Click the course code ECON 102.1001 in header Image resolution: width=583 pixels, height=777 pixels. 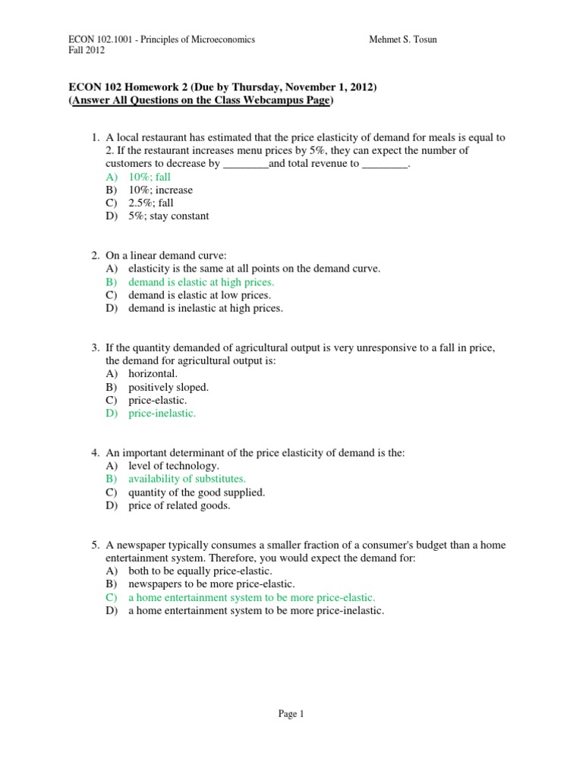tap(100, 39)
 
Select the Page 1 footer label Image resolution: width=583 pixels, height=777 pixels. tap(291, 713)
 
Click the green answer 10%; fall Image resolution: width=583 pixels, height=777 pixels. tap(150, 177)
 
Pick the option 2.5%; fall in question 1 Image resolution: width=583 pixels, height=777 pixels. tap(151, 203)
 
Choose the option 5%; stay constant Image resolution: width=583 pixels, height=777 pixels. tap(169, 215)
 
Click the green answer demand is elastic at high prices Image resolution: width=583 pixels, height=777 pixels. tap(201, 282)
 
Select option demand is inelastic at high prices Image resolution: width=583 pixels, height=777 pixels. tap(205, 308)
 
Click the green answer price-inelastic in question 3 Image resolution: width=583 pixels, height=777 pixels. tap(162, 414)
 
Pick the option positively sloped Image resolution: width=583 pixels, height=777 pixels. tap(168, 387)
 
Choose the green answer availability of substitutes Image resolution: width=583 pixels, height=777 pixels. tap(187, 479)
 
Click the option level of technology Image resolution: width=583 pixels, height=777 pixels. tap(174, 466)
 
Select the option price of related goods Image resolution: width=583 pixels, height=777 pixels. tap(179, 505)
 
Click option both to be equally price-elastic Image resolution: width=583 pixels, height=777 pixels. tap(200, 571)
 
